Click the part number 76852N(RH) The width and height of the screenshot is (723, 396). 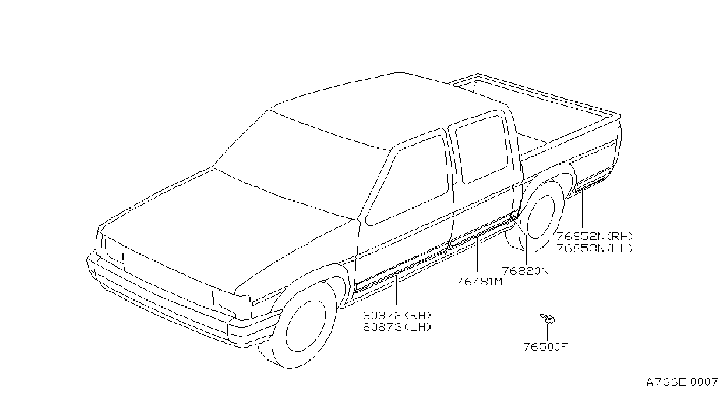(595, 237)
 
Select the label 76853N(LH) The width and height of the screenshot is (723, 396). (595, 249)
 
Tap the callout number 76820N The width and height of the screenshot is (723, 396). (525, 270)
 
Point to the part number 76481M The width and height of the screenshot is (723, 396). (479, 282)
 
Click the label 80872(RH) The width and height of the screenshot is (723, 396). (397, 315)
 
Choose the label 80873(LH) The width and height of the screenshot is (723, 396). (397, 327)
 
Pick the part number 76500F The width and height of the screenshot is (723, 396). (545, 347)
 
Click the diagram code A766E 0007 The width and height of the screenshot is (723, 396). (682, 383)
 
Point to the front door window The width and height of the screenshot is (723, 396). (407, 181)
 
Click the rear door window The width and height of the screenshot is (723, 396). (482, 150)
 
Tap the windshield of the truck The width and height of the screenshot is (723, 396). (302, 165)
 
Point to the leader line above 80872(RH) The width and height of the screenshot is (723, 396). (396, 291)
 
